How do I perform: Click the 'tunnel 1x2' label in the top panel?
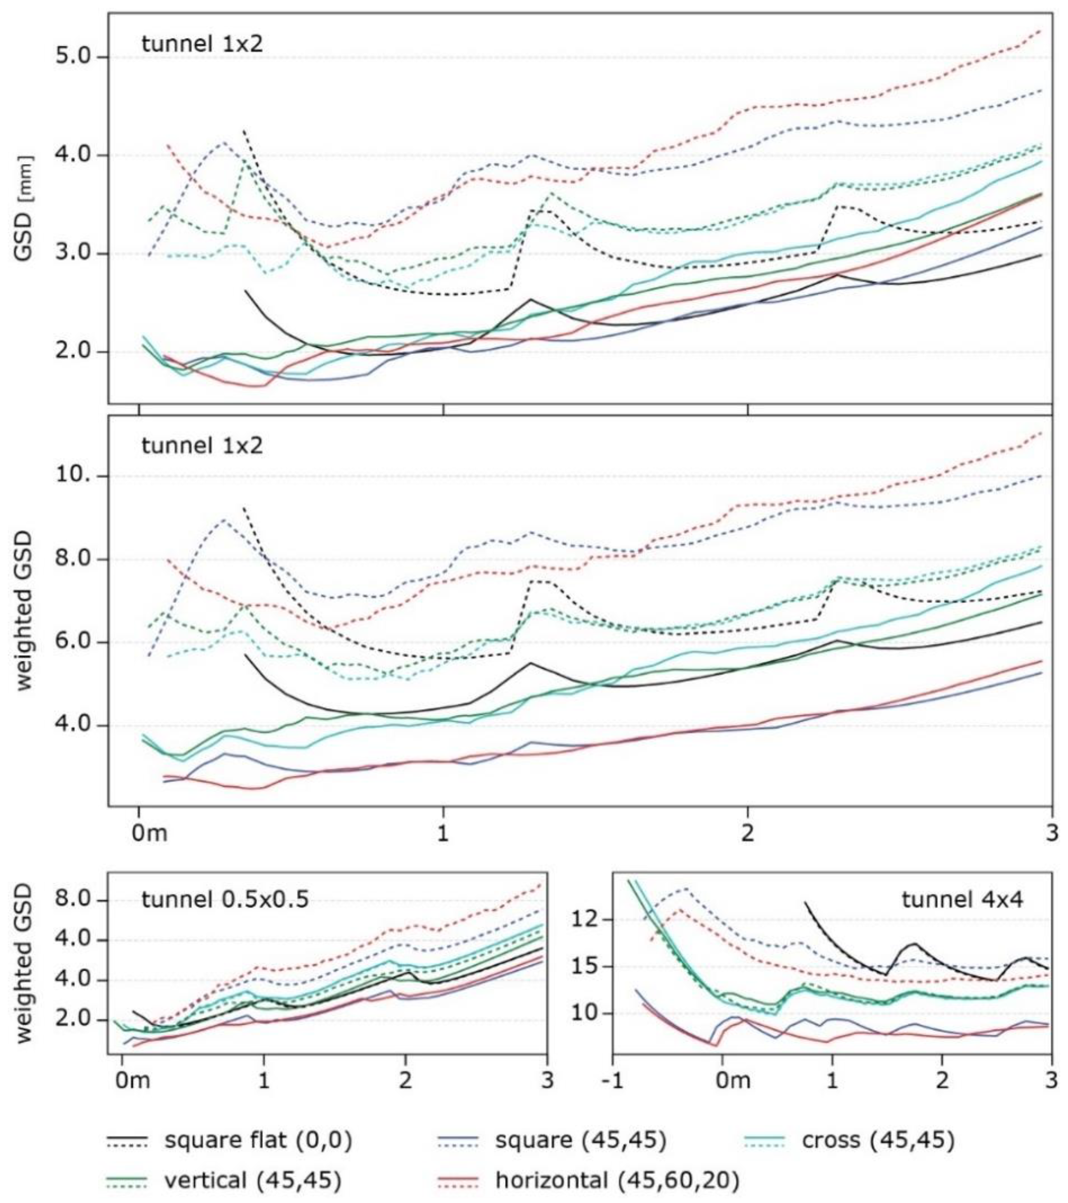pos(202,44)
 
